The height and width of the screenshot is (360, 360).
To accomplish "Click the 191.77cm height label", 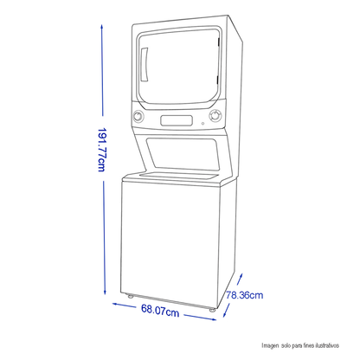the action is (x=101, y=150).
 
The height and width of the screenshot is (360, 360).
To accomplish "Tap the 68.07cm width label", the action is (x=160, y=311).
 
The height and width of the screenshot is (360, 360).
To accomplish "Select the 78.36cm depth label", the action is (x=245, y=295).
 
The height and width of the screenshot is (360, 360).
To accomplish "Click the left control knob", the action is (x=138, y=117).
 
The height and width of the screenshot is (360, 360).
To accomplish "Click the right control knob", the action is (x=215, y=116).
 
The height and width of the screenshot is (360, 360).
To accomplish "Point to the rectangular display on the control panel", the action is (x=177, y=120).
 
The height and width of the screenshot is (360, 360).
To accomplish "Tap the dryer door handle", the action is (x=145, y=65).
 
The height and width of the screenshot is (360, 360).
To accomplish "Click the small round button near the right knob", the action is (x=202, y=124).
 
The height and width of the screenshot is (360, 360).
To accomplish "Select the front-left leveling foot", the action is (x=130, y=296).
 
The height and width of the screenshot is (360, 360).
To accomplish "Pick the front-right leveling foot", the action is (x=212, y=310).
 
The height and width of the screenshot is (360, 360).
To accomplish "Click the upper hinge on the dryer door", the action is (x=219, y=42).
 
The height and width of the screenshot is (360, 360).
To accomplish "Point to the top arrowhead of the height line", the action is (x=102, y=27).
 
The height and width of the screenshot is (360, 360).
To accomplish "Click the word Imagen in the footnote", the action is (x=270, y=345).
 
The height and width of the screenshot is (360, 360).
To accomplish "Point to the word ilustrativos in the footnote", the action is (x=327, y=345).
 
